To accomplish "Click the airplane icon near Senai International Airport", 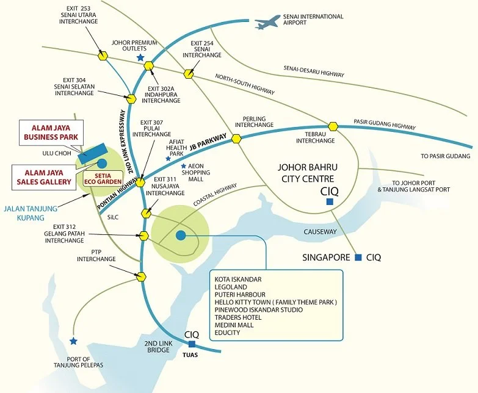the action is [268, 23].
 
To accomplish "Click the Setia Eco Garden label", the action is [107, 176].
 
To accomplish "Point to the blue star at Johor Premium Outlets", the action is [140, 57].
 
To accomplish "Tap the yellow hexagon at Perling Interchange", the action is [236, 139].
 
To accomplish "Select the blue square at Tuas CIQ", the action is [192, 344].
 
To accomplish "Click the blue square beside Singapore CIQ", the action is [358, 257].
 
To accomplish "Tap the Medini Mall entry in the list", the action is [236, 325].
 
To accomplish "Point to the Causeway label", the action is [320, 232].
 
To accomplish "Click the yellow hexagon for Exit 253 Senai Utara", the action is [103, 56].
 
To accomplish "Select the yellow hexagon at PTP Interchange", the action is [142, 276].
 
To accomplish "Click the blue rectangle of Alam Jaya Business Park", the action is [92, 153].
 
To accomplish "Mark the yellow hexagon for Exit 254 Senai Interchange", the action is [190, 74].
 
